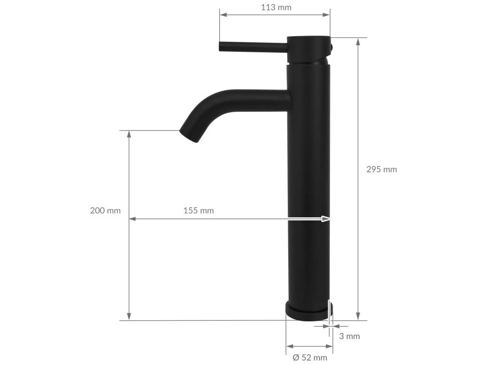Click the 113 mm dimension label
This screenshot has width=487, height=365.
tap(276, 7)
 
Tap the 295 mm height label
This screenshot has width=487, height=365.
tap(381, 169)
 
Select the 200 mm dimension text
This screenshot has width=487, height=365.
tap(105, 211)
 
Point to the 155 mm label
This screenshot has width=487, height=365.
tap(198, 211)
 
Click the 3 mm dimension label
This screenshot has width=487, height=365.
tap(350, 336)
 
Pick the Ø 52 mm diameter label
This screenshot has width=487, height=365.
tap(310, 357)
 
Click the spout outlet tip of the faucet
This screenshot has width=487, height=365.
tap(189, 136)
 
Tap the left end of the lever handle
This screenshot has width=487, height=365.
tap(221, 47)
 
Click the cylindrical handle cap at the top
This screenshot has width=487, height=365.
tap(309, 49)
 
